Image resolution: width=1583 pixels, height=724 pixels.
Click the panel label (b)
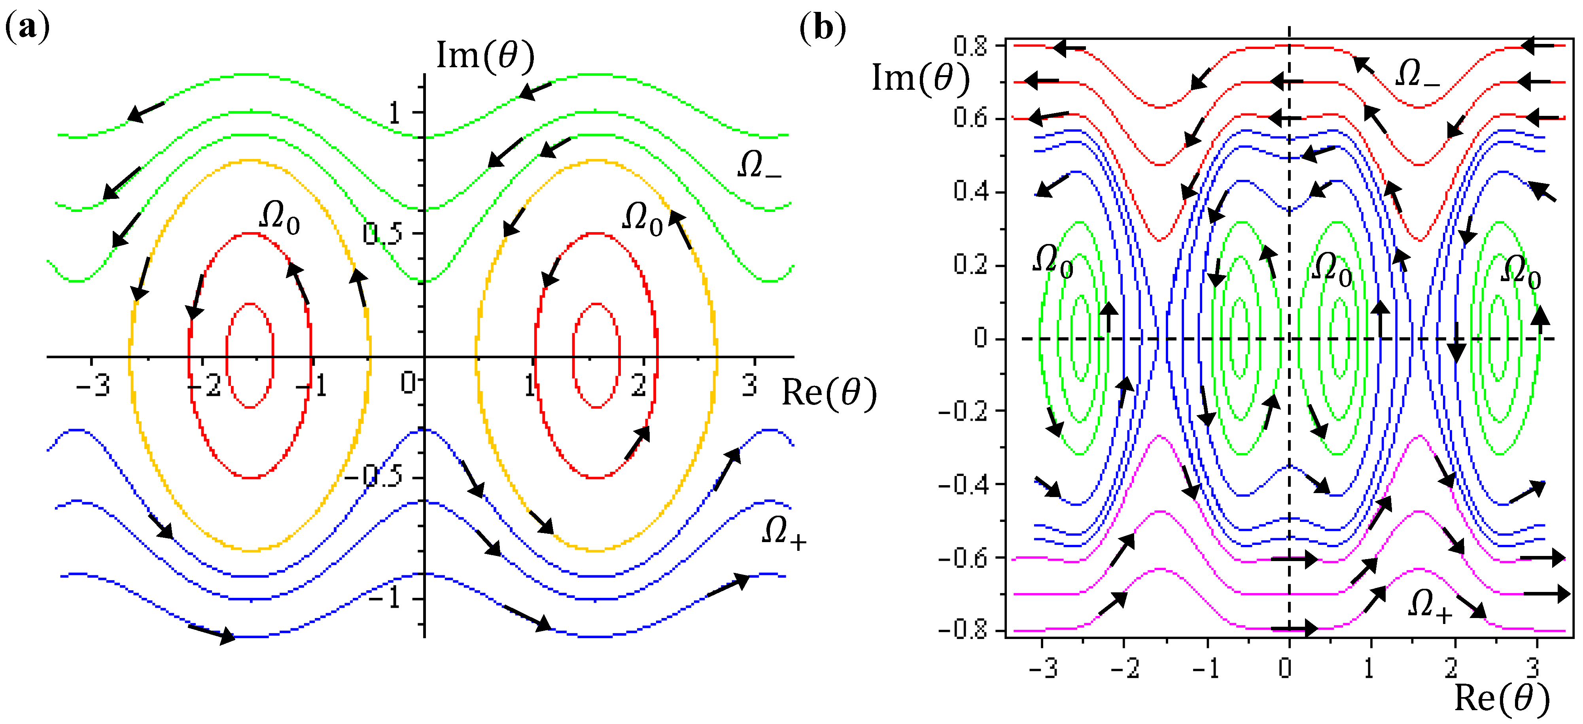tap(822, 28)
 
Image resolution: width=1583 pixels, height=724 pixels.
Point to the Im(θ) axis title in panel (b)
tap(920, 79)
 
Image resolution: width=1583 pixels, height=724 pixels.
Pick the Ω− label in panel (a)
tap(759, 165)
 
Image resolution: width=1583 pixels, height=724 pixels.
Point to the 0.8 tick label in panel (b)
tap(970, 46)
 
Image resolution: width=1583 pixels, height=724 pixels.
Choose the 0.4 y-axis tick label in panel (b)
tap(970, 192)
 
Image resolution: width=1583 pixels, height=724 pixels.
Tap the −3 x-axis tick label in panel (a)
tap(93, 386)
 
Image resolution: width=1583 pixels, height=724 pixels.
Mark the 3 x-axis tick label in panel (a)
tap(749, 386)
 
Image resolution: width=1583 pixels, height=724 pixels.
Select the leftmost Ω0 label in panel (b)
tap(1052, 261)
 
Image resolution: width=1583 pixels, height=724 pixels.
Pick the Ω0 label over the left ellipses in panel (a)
tap(280, 218)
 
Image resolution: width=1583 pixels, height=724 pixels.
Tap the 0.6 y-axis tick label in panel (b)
tap(970, 118)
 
